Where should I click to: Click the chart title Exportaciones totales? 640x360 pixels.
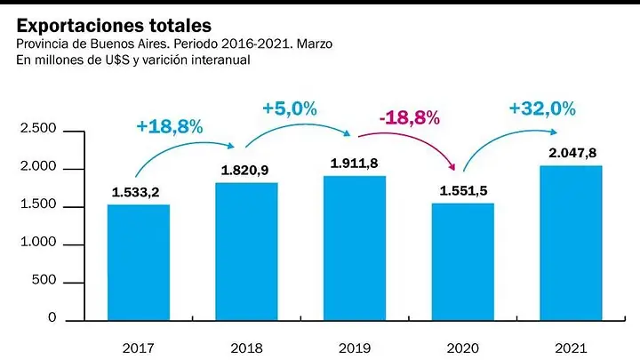pyautogui.click(x=114, y=26)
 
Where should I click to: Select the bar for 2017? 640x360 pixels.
pyautogui.click(x=139, y=262)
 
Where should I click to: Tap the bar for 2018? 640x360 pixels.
pyautogui.click(x=246, y=252)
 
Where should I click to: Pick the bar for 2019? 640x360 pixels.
pyautogui.click(x=355, y=248)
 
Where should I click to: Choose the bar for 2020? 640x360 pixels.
pyautogui.click(x=463, y=261)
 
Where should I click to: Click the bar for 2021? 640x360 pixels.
pyautogui.click(x=571, y=243)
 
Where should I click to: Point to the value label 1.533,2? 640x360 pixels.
pyautogui.click(x=135, y=192)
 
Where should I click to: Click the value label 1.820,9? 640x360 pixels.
pyautogui.click(x=245, y=170)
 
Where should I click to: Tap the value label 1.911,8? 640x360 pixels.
pyautogui.click(x=355, y=164)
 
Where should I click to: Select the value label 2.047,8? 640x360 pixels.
pyautogui.click(x=572, y=153)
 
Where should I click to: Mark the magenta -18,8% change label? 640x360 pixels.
pyautogui.click(x=410, y=118)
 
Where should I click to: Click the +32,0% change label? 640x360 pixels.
pyautogui.click(x=542, y=108)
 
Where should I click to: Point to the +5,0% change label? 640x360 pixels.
pyautogui.click(x=290, y=108)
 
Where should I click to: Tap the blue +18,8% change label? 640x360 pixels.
pyautogui.click(x=170, y=126)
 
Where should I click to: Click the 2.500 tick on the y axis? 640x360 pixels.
pyautogui.click(x=38, y=128)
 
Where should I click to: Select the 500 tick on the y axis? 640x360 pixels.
pyautogui.click(x=44, y=280)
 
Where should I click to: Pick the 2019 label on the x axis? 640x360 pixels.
pyautogui.click(x=355, y=348)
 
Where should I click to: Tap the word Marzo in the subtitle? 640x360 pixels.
pyautogui.click(x=315, y=44)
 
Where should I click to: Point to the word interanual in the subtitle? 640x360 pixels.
pyautogui.click(x=220, y=60)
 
